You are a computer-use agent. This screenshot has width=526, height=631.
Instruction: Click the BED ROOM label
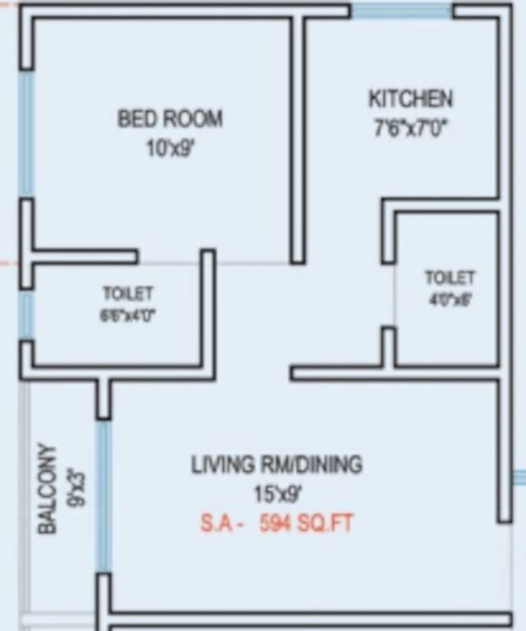point(169,119)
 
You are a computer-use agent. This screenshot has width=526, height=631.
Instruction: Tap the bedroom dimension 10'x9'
point(170,150)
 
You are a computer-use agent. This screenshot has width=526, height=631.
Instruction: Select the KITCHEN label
point(409,99)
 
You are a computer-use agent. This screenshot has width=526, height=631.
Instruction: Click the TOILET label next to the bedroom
point(127,293)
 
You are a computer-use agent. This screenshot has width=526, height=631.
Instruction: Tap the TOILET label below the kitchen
point(449,278)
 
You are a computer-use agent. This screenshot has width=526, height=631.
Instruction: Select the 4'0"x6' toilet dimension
point(450,300)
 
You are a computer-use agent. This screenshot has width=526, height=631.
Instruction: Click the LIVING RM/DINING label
point(276,465)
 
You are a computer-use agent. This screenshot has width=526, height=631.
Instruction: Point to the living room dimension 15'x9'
point(277,495)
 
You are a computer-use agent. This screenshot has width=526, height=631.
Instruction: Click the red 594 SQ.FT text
point(306,523)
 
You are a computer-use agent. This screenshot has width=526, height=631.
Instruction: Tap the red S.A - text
point(220,523)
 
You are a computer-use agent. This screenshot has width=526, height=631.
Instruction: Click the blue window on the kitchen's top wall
point(401,12)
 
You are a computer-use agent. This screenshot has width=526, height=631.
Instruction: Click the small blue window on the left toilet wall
point(26,314)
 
